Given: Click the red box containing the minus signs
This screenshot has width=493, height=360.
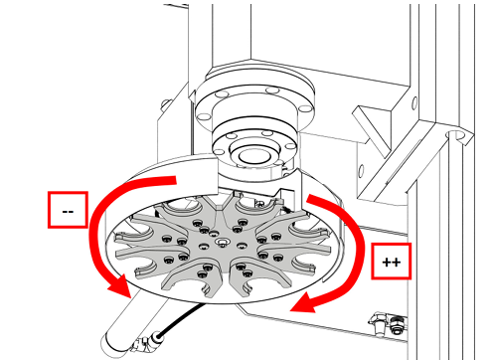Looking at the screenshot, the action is point(68,210).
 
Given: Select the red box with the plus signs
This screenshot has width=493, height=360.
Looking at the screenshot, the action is point(392,262).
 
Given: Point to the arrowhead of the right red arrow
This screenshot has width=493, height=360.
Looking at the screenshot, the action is point(304,303).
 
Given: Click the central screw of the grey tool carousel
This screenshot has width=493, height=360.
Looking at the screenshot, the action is point(222,243).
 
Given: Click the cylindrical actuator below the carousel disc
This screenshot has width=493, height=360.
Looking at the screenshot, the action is point(132,320).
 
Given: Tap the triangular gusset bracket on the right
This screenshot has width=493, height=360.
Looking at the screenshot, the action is point(375,129).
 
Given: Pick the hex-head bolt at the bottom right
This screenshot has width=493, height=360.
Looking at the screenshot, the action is point(378,321).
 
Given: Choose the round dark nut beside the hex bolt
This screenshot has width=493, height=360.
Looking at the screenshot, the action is point(395,324).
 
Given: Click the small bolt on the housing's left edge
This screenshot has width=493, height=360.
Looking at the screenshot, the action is point(165,104).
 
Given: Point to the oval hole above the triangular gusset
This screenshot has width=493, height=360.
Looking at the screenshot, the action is point(413,102).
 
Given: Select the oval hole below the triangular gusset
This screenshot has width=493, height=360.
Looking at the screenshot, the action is point(361,170).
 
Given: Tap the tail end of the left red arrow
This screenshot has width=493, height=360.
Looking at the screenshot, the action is point(176,180).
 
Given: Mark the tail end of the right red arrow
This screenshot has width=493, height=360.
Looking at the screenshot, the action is point(309,198).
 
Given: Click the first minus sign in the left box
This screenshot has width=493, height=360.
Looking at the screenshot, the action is point(65,212).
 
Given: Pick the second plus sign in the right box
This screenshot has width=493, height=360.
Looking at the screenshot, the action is point(397,263).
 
